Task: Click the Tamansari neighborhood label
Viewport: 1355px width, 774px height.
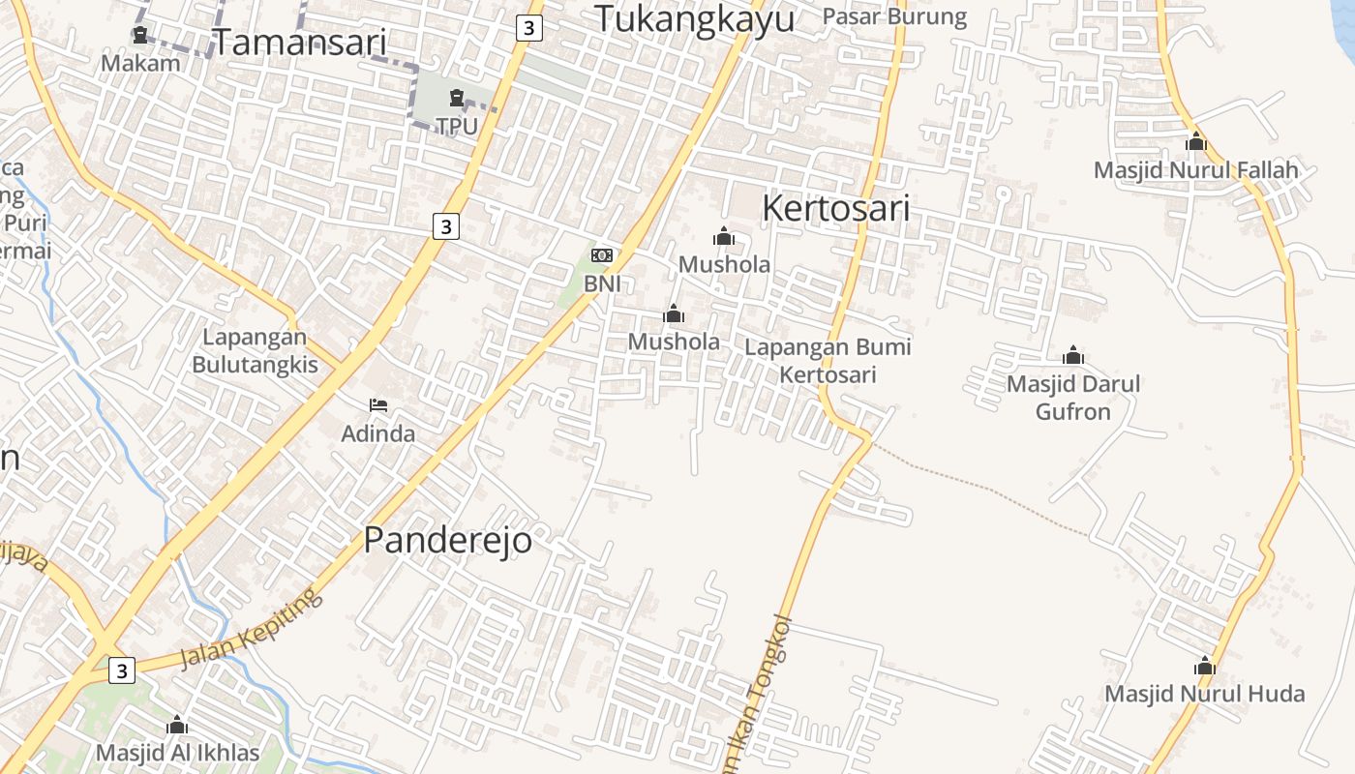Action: (x=299, y=43)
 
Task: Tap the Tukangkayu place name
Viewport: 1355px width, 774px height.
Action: (x=694, y=19)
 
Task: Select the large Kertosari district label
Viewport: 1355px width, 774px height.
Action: (x=836, y=208)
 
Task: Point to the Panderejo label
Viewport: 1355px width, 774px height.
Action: (x=447, y=541)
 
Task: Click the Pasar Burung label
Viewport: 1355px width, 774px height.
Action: (x=894, y=16)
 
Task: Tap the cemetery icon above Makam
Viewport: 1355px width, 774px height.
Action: (x=140, y=36)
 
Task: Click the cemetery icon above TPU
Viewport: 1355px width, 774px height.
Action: (x=456, y=98)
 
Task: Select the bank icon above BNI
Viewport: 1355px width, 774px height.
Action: (x=601, y=255)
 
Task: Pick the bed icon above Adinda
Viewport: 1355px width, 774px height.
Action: (x=378, y=404)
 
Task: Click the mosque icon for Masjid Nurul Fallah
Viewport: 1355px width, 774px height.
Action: (x=1196, y=141)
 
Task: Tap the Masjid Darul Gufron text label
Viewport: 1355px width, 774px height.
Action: (x=1073, y=398)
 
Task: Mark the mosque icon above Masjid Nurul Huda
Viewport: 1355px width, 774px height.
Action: (x=1205, y=666)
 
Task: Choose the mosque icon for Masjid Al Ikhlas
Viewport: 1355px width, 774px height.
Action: (x=177, y=725)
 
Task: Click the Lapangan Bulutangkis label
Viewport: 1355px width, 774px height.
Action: (x=255, y=351)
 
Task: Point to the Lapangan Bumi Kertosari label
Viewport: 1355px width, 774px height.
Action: (x=828, y=361)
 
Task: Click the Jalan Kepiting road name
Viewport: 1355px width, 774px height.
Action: (x=251, y=628)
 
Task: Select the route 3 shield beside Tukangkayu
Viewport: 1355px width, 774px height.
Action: (x=528, y=28)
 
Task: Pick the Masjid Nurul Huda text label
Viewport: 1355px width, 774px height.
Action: (x=1204, y=694)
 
